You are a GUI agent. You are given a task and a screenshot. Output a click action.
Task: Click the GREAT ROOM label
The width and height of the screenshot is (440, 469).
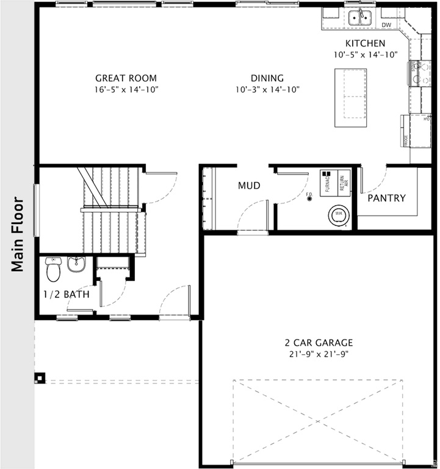[126, 78]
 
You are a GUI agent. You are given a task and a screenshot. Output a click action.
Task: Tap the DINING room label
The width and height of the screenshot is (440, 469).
[267, 78]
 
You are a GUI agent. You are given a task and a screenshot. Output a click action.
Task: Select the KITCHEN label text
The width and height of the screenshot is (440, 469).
[365, 43]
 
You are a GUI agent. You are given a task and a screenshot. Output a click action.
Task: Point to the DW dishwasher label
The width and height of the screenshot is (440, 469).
[386, 25]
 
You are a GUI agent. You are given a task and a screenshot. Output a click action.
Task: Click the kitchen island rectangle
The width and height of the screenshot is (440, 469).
[350, 95]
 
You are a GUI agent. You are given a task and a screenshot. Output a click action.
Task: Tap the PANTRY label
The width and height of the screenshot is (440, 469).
[386, 198]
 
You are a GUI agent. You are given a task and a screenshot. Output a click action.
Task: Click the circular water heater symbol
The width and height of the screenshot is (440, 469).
[337, 214]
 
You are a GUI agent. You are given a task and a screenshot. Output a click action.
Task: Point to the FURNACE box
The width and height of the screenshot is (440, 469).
[329, 181]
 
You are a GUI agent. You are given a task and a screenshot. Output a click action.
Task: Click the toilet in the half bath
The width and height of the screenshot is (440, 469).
[53, 267]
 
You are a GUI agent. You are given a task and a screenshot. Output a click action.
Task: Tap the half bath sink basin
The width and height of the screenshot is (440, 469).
[76, 264]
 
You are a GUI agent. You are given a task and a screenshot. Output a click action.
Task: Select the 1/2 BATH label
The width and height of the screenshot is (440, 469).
[67, 294]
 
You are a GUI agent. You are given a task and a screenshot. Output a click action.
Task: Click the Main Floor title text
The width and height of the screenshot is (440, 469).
[18, 234]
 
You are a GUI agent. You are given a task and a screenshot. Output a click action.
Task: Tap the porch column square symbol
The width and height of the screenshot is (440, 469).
[39, 378]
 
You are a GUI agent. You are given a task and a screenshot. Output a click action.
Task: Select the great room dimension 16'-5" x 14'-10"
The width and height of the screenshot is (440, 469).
[126, 89]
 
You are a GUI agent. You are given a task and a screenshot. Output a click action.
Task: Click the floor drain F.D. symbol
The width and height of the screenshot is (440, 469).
[309, 198]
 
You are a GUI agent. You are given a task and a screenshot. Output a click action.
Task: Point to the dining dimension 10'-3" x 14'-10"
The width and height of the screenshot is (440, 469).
[267, 89]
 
